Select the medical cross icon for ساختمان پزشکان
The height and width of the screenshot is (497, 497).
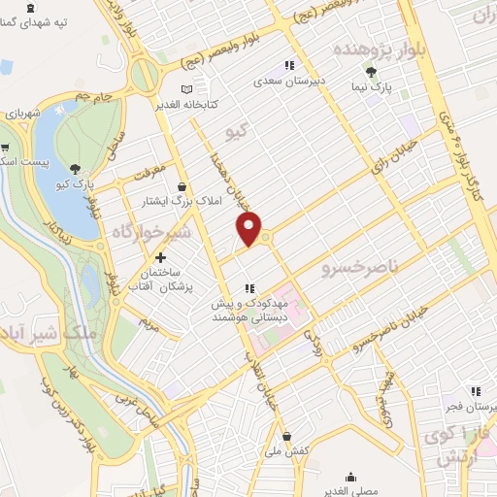click(x=161, y=257)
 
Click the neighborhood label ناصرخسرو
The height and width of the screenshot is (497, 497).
click(x=354, y=263)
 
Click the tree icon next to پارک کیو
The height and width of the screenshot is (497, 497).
click(x=75, y=166)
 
